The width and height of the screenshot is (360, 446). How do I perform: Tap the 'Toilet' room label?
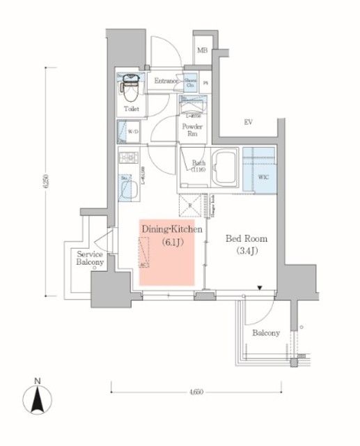tap(132, 109)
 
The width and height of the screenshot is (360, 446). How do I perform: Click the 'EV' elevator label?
tap(247, 123)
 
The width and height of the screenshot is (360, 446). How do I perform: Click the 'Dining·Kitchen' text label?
tap(171, 229)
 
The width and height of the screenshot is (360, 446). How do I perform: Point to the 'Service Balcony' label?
tap(91, 258)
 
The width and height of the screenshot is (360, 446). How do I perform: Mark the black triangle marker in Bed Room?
tap(260, 288)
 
